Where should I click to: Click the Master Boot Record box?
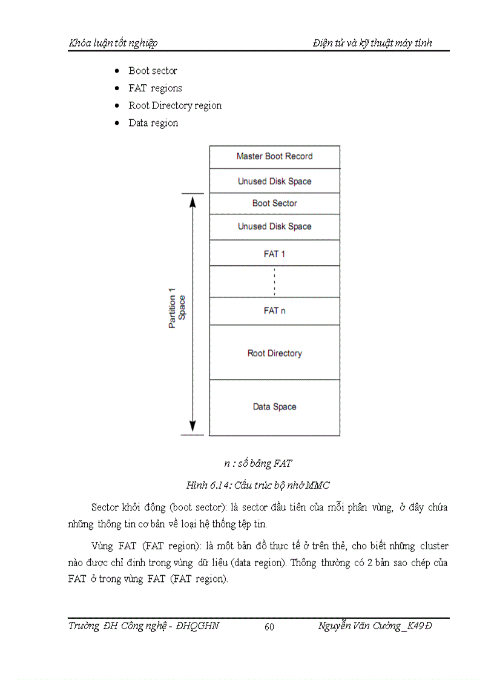click(274, 156)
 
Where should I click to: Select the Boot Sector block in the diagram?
click(274, 203)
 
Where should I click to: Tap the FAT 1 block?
click(274, 254)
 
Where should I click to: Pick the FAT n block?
click(274, 311)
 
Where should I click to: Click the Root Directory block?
click(274, 353)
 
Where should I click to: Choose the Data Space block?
click(274, 407)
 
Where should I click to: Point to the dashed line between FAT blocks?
click(274, 282)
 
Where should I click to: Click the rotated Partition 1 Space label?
click(177, 312)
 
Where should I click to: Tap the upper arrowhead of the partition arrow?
click(193, 201)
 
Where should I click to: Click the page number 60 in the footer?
click(269, 627)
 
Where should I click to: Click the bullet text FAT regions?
click(155, 88)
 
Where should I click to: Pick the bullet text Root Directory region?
click(175, 106)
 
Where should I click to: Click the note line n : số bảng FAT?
click(258, 464)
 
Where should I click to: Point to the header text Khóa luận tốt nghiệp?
click(113, 43)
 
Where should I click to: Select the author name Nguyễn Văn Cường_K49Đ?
click(375, 626)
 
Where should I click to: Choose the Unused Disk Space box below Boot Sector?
click(274, 226)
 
